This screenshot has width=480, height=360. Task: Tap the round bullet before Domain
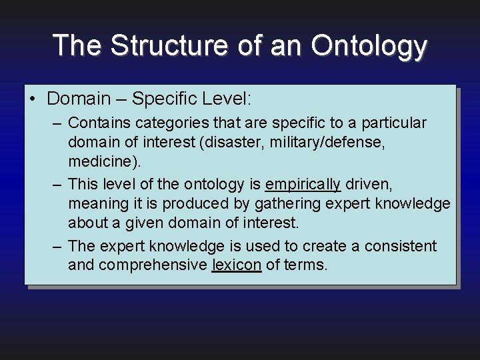[x=33, y=99]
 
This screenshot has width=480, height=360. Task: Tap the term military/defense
[x=325, y=143]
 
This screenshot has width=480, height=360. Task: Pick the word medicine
[x=99, y=162]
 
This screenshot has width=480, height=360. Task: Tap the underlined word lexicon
[x=236, y=265]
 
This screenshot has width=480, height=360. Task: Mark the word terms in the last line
[x=305, y=265]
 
